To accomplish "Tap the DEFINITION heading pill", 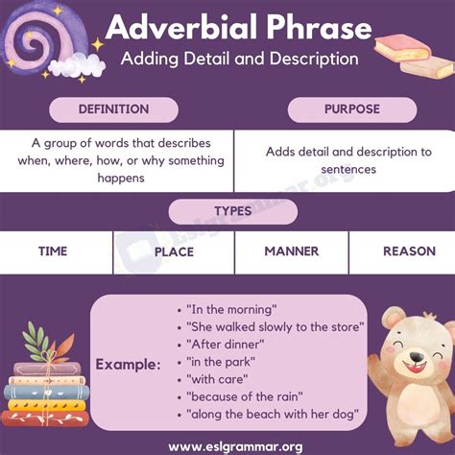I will (113, 109).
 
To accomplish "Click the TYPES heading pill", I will (227, 211).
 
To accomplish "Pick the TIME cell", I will (52, 251).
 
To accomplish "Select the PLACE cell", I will (174, 251).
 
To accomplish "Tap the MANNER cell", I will (291, 251).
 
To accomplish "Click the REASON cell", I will (409, 251).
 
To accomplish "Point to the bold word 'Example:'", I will (128, 365).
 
